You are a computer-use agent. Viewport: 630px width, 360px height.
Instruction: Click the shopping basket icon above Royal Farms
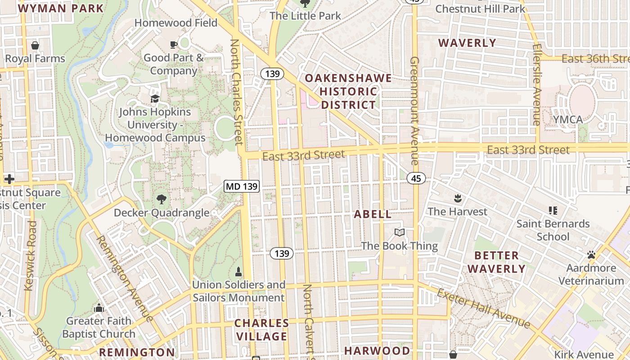(x=35, y=45)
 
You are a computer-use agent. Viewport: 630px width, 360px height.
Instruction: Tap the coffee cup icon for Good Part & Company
(x=173, y=44)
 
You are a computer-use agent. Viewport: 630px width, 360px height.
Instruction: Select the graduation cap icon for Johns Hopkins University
(x=155, y=99)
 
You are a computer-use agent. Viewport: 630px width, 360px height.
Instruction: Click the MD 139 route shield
(x=242, y=186)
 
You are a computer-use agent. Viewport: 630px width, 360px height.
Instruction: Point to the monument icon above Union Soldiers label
(x=238, y=271)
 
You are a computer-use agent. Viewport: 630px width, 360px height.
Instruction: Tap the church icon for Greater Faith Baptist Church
(x=99, y=308)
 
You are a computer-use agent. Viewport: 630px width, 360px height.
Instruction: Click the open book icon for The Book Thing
(x=399, y=232)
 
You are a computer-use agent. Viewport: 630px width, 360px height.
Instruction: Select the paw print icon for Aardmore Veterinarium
(x=591, y=255)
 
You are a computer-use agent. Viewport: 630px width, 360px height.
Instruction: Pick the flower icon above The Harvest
(x=457, y=198)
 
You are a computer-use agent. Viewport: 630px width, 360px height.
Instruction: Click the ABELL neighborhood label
(x=373, y=214)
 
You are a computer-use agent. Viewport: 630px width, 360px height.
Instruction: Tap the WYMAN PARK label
(x=61, y=8)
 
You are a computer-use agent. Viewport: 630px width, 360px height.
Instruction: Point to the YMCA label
(x=568, y=120)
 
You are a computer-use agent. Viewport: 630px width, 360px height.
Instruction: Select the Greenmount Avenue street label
(x=414, y=110)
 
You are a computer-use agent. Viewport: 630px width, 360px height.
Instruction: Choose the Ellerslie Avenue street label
(x=536, y=84)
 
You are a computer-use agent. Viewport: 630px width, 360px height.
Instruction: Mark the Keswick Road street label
(x=31, y=255)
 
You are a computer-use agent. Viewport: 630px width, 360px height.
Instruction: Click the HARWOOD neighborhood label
(x=377, y=351)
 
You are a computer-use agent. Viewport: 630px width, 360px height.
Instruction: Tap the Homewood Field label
(x=176, y=22)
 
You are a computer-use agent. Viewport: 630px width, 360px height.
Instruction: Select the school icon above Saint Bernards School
(x=553, y=210)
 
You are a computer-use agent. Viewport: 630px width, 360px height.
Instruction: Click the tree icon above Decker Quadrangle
(x=161, y=199)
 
